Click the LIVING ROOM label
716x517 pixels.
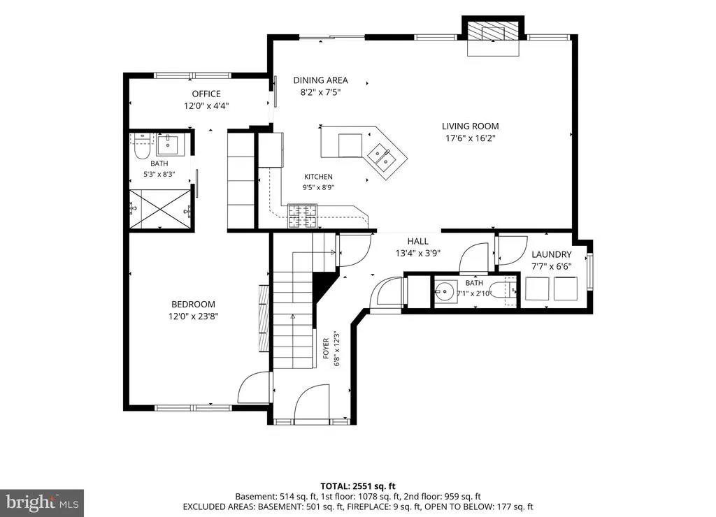[x=470, y=126]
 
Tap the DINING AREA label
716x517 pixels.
[x=320, y=80]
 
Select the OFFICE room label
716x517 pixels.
[x=206, y=94]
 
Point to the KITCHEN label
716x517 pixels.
[x=318, y=177]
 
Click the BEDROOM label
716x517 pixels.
[x=193, y=305]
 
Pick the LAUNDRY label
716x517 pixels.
[x=551, y=254]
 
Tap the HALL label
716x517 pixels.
[x=418, y=242]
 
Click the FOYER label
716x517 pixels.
[x=326, y=348]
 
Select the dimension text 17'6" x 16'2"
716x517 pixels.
[x=471, y=138]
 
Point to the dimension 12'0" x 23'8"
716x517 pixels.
[x=193, y=316]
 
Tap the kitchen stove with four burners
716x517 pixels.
[x=302, y=217]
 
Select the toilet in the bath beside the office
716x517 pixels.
[x=143, y=147]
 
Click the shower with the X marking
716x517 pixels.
[x=160, y=209]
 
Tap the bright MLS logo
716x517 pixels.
[x=41, y=503]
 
